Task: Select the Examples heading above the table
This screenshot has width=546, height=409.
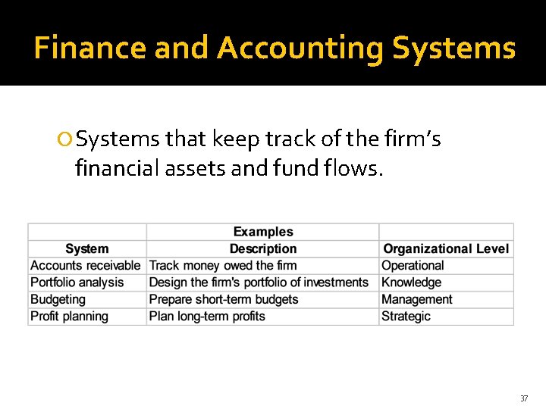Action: pos(262,232)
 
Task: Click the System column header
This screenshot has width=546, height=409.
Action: pos(86,248)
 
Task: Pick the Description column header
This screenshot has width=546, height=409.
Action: pos(262,248)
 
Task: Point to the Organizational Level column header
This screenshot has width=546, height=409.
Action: pos(446,248)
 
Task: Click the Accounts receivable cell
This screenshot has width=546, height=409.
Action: pos(85,266)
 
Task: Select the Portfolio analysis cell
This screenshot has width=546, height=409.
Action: pos(77,283)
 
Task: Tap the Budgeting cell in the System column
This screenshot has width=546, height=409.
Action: pos(58,299)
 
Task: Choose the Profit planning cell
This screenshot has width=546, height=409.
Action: pos(69,316)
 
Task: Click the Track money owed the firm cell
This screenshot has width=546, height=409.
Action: pos(223,266)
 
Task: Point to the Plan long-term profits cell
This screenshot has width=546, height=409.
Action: pos(207,316)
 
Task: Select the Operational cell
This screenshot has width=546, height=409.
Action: pos(413,266)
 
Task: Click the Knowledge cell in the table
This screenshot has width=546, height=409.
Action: pos(411,283)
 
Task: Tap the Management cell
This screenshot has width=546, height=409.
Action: pos(416,299)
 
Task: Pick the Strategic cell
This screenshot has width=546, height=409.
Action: pos(406,316)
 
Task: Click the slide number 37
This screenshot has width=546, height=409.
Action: pos(523,398)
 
